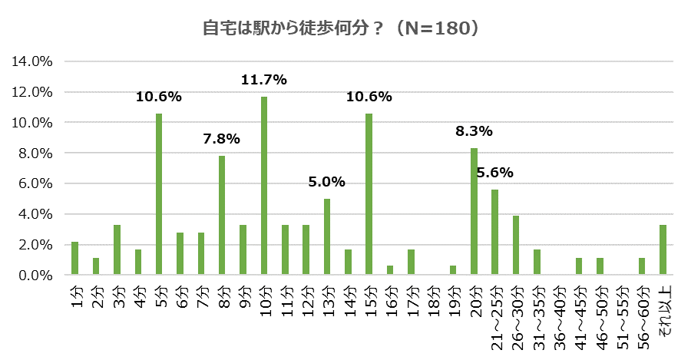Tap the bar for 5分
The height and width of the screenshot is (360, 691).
(159, 194)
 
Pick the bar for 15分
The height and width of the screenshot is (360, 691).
(369, 194)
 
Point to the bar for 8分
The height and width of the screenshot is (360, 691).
(222, 216)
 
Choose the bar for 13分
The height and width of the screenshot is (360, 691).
(327, 236)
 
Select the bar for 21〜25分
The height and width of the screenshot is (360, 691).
(494, 233)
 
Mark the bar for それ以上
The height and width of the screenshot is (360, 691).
(663, 250)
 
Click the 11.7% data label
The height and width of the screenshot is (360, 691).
(263, 79)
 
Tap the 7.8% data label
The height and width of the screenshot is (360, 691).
(222, 139)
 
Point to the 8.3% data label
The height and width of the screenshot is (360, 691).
(474, 131)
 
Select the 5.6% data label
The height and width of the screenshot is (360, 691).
(494, 173)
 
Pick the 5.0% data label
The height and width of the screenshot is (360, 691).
(327, 182)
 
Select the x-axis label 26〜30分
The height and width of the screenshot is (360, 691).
(516, 311)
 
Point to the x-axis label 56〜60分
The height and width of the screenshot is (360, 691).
(642, 311)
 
